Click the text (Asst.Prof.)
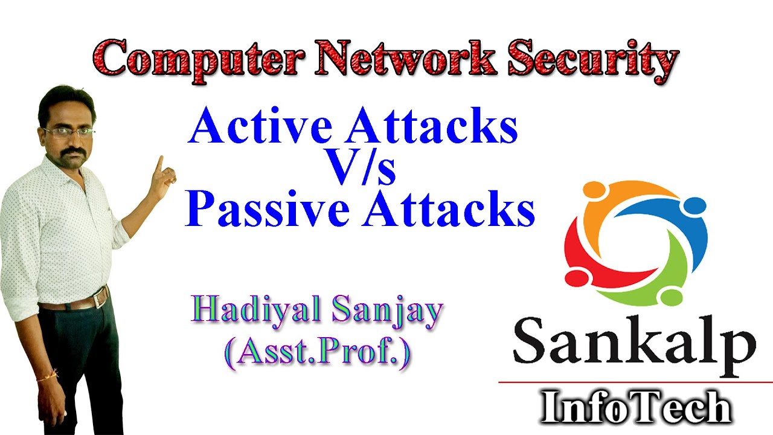click(x=317, y=350)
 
